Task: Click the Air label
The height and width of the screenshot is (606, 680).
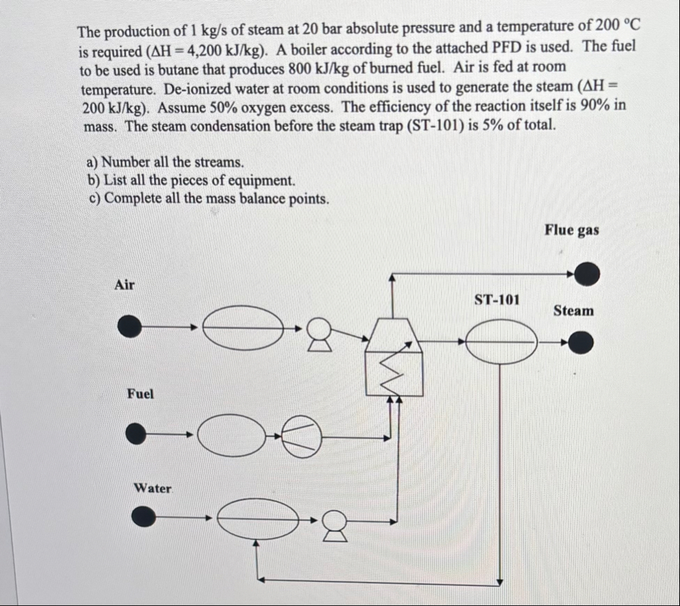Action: point(124,285)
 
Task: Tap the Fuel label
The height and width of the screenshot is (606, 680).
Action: point(140,393)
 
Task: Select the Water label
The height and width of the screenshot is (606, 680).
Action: point(153,488)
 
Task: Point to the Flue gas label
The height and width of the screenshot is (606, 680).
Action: point(572,230)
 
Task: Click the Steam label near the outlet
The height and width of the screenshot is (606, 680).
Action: point(573,310)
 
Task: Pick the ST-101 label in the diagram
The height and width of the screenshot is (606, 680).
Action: point(496,299)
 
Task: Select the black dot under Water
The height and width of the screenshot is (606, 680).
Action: point(145,517)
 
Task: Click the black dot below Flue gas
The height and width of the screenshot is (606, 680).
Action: point(587,273)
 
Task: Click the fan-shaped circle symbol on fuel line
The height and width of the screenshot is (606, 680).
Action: point(302,434)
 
